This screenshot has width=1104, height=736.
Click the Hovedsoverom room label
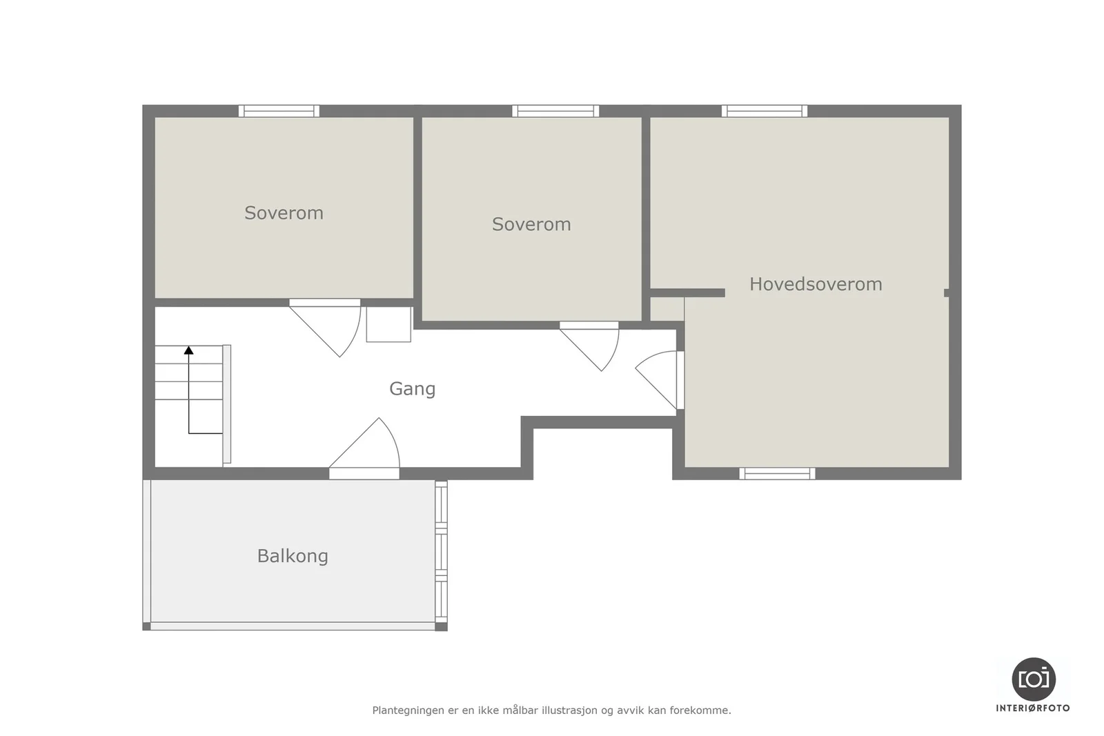(x=816, y=284)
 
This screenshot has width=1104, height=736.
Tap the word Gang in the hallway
(x=413, y=389)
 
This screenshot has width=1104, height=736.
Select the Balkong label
(x=293, y=556)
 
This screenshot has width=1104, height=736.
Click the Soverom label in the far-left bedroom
(x=284, y=213)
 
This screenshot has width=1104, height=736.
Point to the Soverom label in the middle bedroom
(x=531, y=225)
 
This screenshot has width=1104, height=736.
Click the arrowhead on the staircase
(x=189, y=350)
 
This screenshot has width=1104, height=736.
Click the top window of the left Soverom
(x=279, y=111)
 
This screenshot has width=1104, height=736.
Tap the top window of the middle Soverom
(x=555, y=111)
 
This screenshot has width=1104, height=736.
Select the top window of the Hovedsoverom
(x=765, y=111)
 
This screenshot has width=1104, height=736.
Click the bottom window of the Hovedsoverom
(x=777, y=473)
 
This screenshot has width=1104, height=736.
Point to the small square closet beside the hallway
(x=389, y=324)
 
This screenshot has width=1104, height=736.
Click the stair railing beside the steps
(x=227, y=404)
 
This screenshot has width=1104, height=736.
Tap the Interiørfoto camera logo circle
(x=1034, y=679)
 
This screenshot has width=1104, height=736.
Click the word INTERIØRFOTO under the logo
(x=1033, y=708)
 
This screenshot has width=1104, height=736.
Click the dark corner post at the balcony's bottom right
(x=441, y=626)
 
